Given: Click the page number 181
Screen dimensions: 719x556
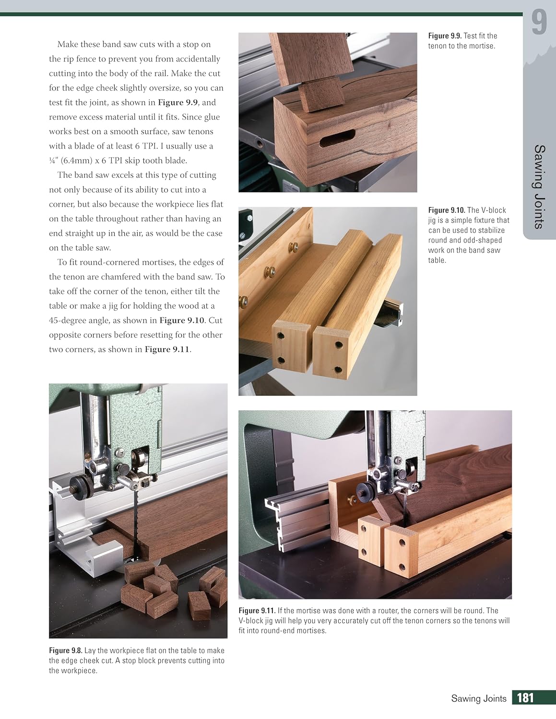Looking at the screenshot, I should [525, 697].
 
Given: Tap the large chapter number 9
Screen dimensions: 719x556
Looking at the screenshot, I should [539, 23].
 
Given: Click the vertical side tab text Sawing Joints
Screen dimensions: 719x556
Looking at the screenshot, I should [540, 186].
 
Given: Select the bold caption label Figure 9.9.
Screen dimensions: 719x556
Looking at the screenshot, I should [444, 36].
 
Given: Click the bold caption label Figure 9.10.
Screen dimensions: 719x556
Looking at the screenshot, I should [446, 210].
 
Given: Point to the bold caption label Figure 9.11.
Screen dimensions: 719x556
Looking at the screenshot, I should [257, 611].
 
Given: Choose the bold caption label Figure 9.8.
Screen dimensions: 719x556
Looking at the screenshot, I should [66, 650].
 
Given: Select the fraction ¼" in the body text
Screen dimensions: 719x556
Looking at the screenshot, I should [53, 161].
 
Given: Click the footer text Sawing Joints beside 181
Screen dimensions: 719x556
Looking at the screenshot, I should [478, 698].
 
